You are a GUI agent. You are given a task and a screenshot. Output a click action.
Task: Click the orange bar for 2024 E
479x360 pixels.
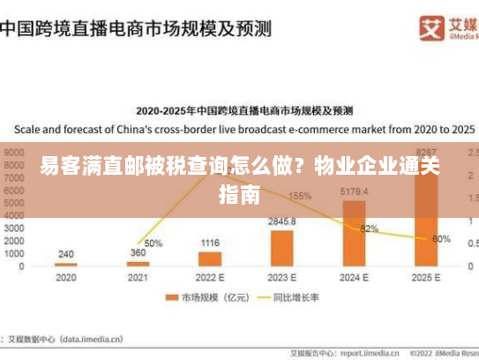(x=354, y=233)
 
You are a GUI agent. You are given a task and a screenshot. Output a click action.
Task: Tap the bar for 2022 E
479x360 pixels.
(x=210, y=259)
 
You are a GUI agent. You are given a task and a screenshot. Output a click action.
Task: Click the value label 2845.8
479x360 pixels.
(x=282, y=221)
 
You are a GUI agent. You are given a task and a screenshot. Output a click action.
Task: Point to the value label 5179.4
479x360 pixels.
(x=354, y=191)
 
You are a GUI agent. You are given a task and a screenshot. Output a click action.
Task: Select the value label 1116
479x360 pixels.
(x=210, y=243)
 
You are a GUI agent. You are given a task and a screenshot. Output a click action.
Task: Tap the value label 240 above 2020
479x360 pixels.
(x=66, y=254)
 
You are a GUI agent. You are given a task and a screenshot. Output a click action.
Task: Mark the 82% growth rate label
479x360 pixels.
(x=369, y=229)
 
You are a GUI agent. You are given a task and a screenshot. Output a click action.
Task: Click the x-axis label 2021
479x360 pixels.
(x=138, y=277)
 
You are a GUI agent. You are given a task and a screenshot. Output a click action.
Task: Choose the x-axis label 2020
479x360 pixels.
(x=66, y=277)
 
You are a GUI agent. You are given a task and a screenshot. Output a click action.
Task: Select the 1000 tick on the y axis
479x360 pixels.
(x=15, y=253)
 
